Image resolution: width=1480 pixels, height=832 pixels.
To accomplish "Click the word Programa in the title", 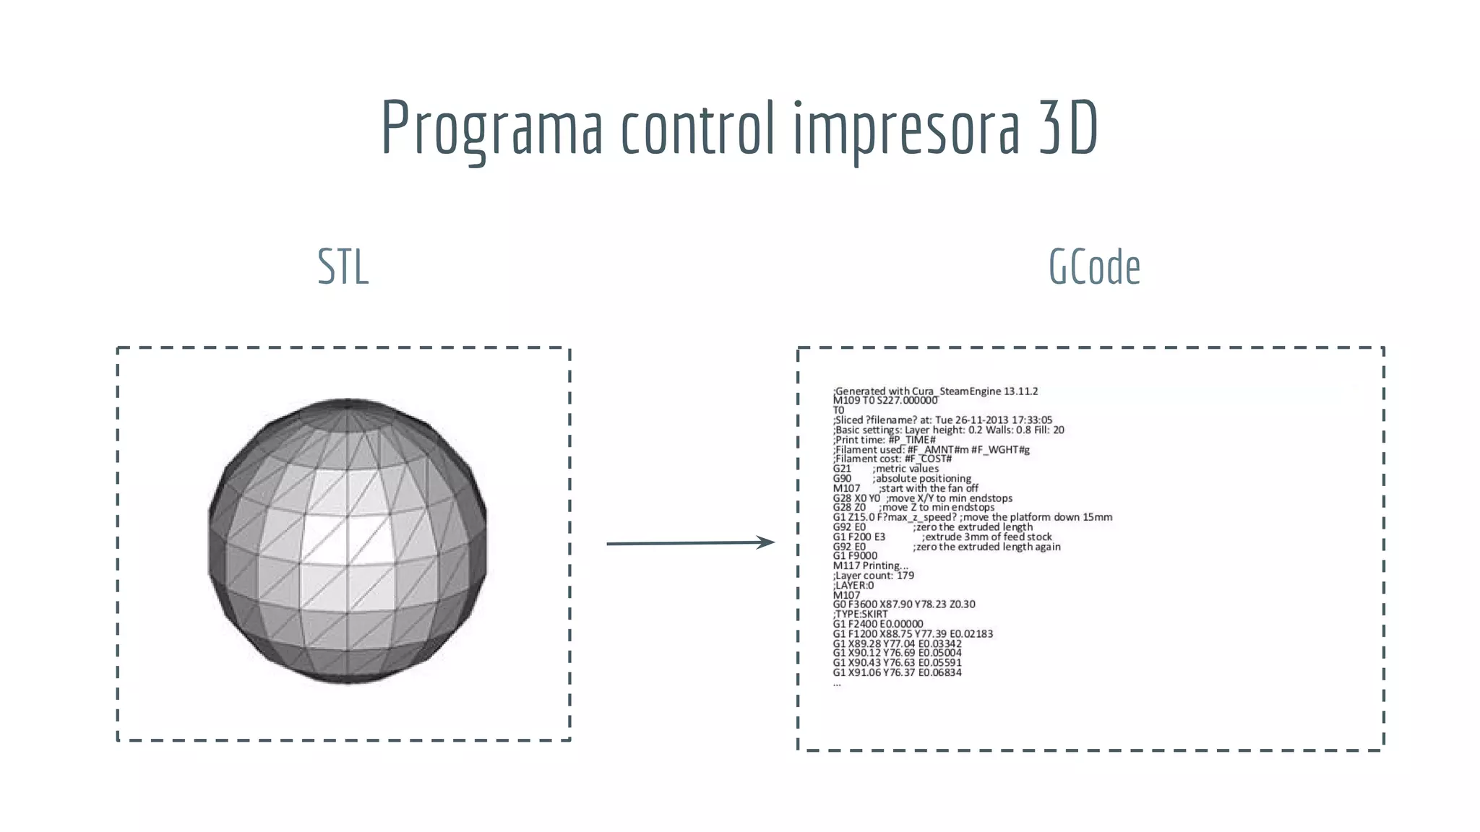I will (491, 129).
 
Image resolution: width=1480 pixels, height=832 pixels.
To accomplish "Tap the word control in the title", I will (697, 129).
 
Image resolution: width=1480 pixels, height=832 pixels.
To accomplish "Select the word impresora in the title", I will (907, 129).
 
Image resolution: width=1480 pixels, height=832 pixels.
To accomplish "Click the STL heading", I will (343, 267).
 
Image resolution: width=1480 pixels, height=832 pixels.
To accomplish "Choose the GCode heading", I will (1094, 267).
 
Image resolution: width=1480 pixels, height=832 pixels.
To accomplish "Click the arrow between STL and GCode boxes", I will (690, 542).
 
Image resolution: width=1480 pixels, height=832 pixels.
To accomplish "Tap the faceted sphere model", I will (347, 540).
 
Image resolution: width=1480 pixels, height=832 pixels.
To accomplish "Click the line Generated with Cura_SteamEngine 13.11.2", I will (936, 391).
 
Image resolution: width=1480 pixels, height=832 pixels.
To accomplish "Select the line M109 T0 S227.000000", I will (885, 400).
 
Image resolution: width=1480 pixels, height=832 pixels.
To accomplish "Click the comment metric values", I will (905, 469).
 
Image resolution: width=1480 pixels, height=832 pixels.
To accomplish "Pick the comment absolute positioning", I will (922, 479).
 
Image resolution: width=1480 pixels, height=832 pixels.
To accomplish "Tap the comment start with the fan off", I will (929, 488).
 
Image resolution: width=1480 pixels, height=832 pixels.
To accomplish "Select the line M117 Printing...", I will (870, 565).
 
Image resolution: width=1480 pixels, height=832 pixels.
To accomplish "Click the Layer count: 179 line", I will (874, 576).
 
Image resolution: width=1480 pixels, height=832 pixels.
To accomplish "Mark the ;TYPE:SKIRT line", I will (860, 614).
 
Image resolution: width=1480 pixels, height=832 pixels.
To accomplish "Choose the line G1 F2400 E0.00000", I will (878, 624).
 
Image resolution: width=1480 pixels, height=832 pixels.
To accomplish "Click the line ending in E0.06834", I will (897, 672).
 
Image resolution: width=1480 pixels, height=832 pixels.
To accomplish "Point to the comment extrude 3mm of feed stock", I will (987, 537).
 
